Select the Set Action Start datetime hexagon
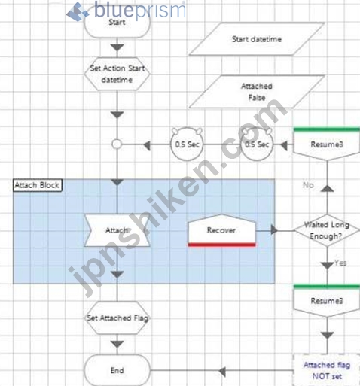(117, 74)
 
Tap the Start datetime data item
(257, 39)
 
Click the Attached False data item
(257, 92)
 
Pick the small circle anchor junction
(117, 144)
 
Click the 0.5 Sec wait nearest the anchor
(187, 144)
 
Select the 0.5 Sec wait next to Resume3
(257, 144)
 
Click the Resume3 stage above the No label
(327, 144)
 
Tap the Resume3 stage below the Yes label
(327, 300)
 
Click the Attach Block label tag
(38, 185)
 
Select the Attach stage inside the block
(117, 230)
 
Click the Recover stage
(221, 230)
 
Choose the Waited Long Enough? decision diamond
(327, 230)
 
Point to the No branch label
(308, 185)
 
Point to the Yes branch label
(340, 263)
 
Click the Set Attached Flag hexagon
(117, 318)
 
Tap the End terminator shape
(117, 370)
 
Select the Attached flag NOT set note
(327, 370)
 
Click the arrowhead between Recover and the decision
(274, 230)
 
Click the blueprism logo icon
(77, 11)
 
